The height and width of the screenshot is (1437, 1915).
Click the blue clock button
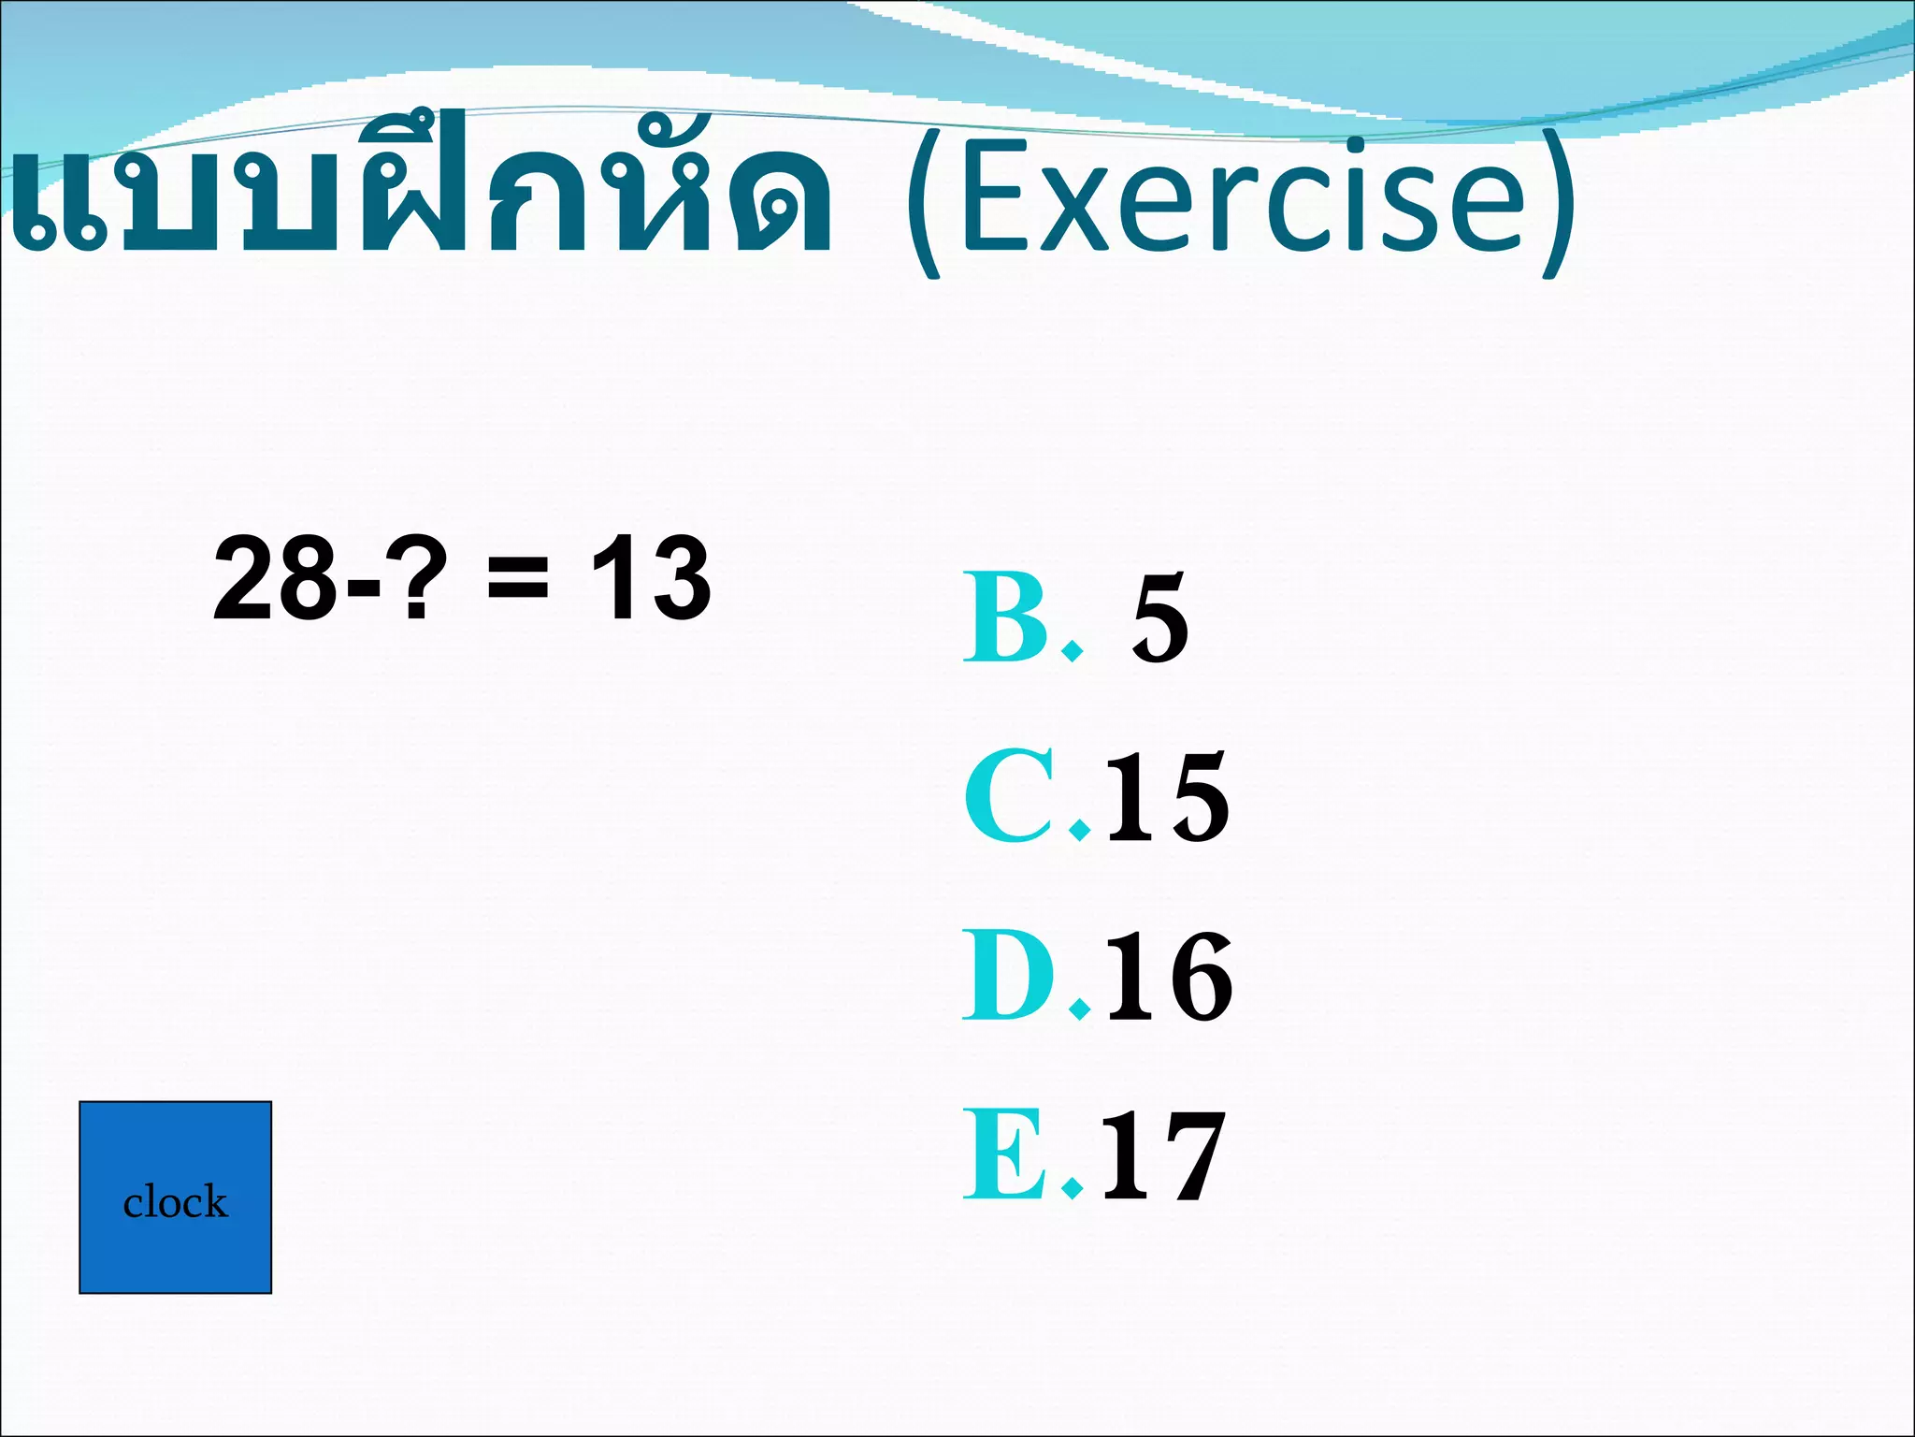pos(175,1197)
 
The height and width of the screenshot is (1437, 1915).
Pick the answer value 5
pos(1159,619)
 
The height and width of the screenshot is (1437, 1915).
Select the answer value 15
pos(1167,797)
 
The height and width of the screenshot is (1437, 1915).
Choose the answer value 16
pos(1169,977)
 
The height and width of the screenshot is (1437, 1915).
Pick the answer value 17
pos(1163,1156)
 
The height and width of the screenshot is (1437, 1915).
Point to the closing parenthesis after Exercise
pos(1560,206)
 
